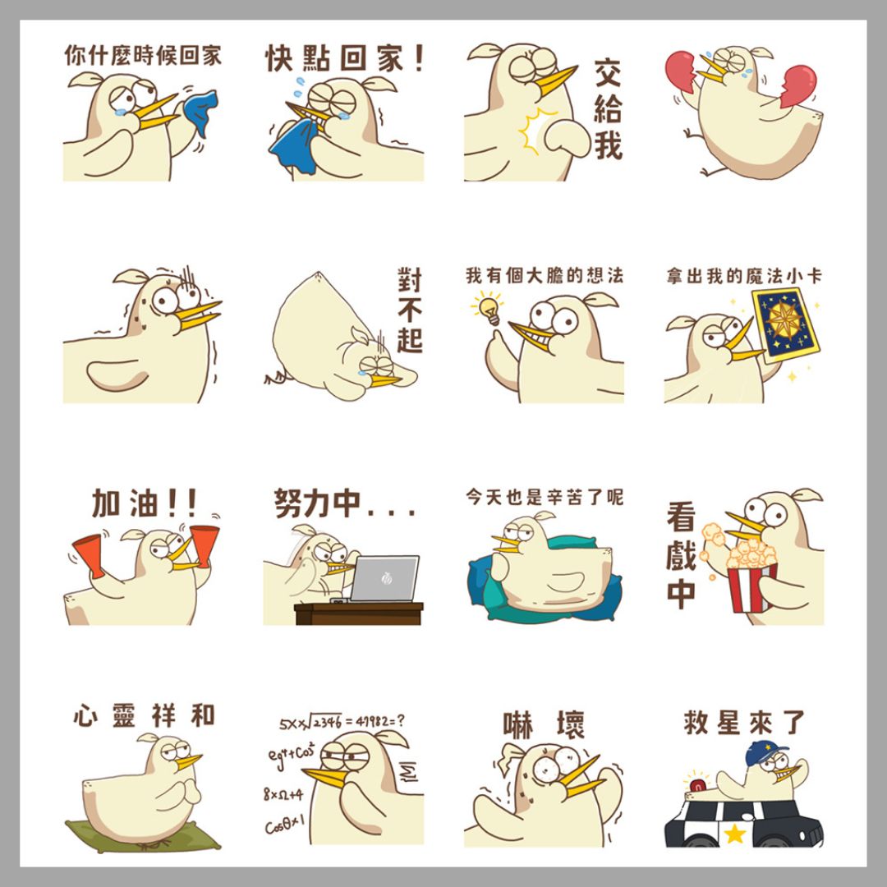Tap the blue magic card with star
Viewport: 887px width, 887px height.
tap(785, 325)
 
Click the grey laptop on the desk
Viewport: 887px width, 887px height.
tap(384, 578)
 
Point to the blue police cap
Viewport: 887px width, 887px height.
tap(766, 752)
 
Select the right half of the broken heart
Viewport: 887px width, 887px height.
tap(797, 85)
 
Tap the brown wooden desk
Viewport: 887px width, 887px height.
tap(359, 614)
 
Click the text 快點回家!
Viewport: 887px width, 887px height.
tap(345, 58)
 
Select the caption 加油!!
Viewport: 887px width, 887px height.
tap(145, 503)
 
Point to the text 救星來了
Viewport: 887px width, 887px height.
tap(744, 723)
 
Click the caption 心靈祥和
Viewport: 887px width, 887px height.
tap(145, 715)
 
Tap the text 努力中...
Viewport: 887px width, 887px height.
tap(345, 503)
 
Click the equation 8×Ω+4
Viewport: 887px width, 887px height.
tap(283, 795)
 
